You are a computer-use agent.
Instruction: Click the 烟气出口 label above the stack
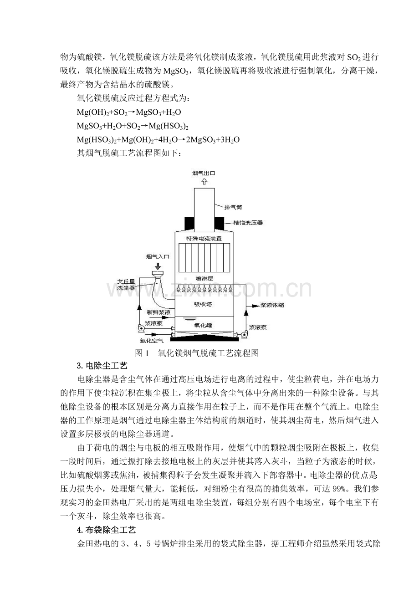(x=204, y=173)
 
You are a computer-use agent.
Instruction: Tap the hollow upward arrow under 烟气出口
(x=204, y=182)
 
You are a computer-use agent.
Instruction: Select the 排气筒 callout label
(x=233, y=207)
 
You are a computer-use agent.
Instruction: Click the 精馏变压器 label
(x=248, y=223)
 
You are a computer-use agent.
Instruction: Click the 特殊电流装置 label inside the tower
(x=204, y=239)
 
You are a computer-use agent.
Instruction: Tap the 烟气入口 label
(x=158, y=256)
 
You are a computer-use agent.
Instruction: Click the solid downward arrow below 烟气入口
(x=158, y=266)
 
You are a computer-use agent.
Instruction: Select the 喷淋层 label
(x=204, y=278)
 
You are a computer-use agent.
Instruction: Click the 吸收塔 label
(x=203, y=304)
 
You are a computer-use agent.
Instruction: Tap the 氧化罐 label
(x=203, y=325)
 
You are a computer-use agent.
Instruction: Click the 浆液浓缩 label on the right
(x=272, y=305)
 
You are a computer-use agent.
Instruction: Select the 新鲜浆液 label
(x=158, y=312)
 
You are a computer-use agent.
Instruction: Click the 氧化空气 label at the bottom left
(x=152, y=340)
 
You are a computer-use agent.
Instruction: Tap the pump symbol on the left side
(x=141, y=328)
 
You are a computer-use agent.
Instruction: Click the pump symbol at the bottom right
(x=244, y=335)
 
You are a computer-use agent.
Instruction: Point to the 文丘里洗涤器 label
(x=126, y=285)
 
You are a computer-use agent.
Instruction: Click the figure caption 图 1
(x=142, y=353)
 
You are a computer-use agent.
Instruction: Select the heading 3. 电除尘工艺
(x=102, y=366)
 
